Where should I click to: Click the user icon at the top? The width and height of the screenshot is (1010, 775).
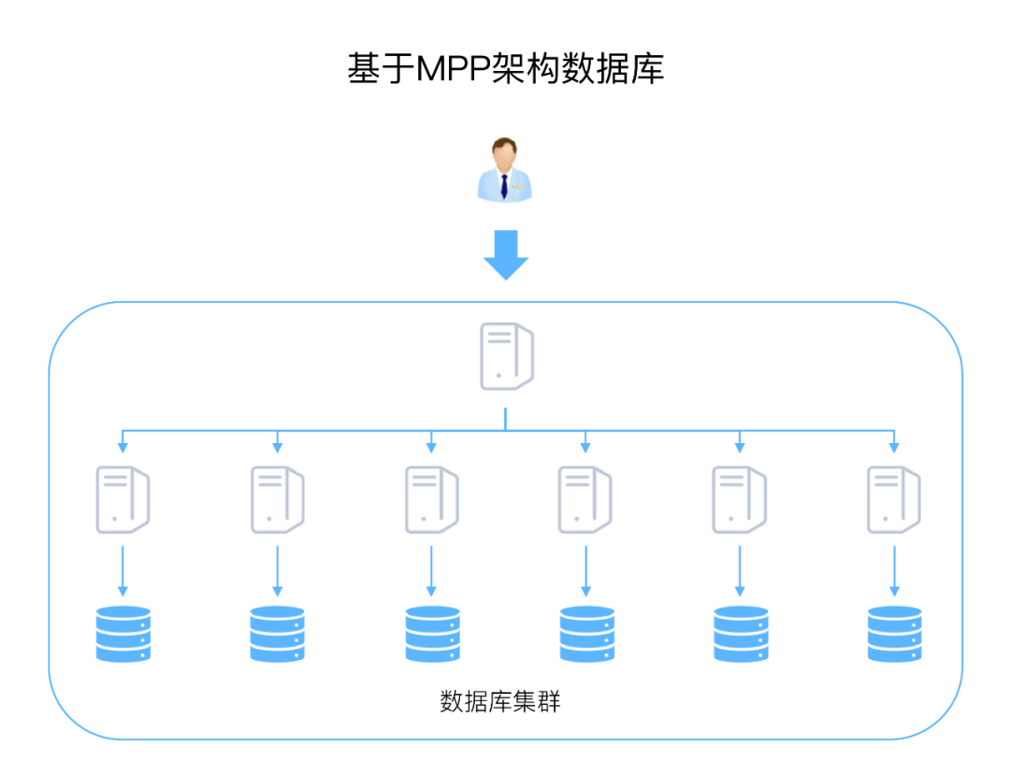[x=504, y=170]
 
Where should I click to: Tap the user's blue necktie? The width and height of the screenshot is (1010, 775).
[x=504, y=186]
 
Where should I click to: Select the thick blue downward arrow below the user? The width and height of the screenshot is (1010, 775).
[x=506, y=254]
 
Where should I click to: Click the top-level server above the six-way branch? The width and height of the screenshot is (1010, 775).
[x=506, y=356]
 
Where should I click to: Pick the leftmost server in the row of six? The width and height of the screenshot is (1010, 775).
[x=122, y=500]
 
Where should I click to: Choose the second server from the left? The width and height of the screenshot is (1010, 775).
[x=276, y=500]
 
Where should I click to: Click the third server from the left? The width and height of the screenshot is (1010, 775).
[x=430, y=500]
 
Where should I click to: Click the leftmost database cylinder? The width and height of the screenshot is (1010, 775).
[x=123, y=634]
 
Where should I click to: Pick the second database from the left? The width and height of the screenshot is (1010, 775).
[x=277, y=634]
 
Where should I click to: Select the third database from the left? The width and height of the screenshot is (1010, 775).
[x=432, y=634]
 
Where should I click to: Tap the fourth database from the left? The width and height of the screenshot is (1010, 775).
[x=586, y=634]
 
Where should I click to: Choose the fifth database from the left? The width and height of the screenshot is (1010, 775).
[x=740, y=634]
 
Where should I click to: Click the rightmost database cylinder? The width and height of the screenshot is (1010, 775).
[x=894, y=634]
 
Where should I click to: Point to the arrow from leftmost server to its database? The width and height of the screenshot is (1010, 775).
[x=123, y=570]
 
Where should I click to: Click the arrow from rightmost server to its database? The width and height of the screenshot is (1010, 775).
[x=894, y=570]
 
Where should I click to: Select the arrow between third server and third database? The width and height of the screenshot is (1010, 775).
[x=431, y=570]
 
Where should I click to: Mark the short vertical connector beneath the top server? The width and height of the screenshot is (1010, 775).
[x=505, y=419]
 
